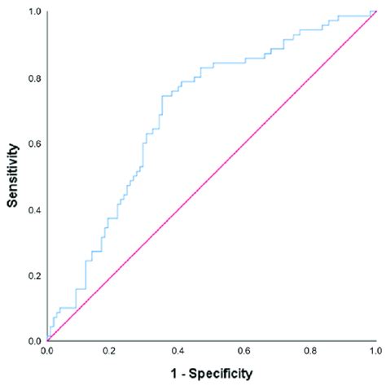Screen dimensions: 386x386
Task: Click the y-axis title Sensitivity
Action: coord(14,177)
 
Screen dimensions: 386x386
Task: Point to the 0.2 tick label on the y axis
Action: coord(34,276)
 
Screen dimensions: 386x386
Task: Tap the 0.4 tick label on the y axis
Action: coord(34,210)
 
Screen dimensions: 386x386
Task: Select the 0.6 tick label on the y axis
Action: coord(34,144)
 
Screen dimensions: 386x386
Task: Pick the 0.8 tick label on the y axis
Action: coord(34,79)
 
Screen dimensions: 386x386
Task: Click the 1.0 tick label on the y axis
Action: coord(34,13)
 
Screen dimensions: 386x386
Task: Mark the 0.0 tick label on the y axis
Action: coord(34,341)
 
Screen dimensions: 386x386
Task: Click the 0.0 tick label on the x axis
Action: coord(47,351)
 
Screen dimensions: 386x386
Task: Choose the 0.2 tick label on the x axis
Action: coord(112,351)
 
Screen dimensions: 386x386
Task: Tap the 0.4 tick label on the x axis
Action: coord(178,351)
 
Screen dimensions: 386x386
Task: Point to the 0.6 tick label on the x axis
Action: coord(243,351)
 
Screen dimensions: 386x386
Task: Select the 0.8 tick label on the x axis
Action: coord(309,351)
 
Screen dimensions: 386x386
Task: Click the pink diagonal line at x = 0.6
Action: coord(243,144)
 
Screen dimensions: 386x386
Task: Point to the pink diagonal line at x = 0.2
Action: coord(112,275)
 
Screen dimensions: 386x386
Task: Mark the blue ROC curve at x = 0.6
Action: coord(243,61)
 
